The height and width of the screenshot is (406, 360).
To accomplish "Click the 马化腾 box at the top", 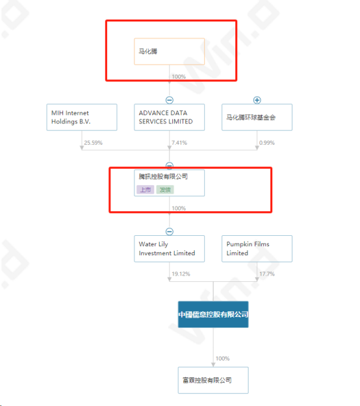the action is [x=169, y=51].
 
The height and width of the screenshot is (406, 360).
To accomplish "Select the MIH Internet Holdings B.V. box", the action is [x=82, y=118].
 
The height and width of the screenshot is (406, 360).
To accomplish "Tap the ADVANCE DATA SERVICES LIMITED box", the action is [x=169, y=118].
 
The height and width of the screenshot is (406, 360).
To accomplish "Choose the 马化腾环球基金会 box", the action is [x=257, y=118].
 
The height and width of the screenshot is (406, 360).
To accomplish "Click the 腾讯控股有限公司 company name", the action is [x=163, y=177].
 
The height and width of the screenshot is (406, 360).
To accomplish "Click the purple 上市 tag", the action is [x=146, y=190].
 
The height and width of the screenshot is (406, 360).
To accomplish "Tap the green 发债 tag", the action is [x=165, y=190].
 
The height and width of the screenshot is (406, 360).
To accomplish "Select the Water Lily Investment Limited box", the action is [x=169, y=249].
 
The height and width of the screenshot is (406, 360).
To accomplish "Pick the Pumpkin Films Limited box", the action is [x=257, y=249].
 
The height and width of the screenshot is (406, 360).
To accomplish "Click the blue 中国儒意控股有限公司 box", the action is [x=213, y=314].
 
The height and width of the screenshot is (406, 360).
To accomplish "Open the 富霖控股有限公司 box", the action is [x=213, y=380].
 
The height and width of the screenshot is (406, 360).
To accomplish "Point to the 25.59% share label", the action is [x=93, y=143].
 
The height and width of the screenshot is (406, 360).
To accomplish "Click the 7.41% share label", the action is [x=179, y=143].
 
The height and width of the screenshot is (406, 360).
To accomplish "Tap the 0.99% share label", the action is [x=267, y=143].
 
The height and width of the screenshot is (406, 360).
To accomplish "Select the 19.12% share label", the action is [x=181, y=274].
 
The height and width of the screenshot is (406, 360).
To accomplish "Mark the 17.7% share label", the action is [x=267, y=274].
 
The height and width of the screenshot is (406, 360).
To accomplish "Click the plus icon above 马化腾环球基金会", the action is [x=257, y=100].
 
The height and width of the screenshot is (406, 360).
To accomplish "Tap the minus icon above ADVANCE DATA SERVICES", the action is [x=170, y=100].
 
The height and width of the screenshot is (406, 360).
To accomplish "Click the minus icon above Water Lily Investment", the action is [x=170, y=231].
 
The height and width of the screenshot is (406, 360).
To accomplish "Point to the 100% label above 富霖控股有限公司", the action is [x=222, y=359].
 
